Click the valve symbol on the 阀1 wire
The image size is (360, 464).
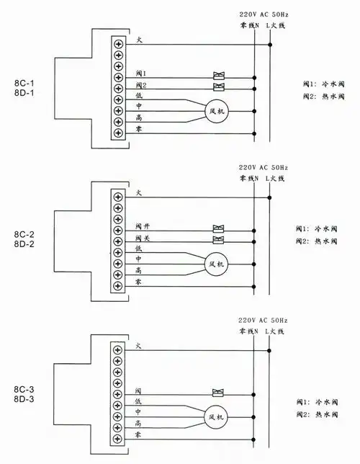tap(218, 75)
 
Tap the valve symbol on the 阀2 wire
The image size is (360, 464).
tap(218, 86)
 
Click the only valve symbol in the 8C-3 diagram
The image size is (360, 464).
tap(217, 393)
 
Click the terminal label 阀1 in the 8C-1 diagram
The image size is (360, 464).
tap(140, 74)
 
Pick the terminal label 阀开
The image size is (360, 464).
tap(141, 227)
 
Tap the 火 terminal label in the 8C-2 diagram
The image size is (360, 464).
tap(138, 193)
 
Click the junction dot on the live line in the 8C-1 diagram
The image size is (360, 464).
tap(270, 44)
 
